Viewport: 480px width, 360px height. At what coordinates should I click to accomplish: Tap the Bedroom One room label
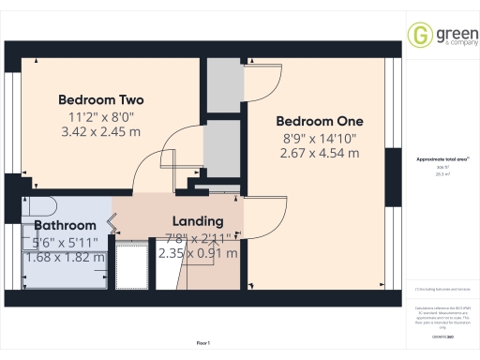[319, 121]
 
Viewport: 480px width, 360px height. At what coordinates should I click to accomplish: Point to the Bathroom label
[65, 226]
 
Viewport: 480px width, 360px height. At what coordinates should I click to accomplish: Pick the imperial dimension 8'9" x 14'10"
[319, 138]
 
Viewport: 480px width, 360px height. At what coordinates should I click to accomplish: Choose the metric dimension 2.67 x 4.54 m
[319, 154]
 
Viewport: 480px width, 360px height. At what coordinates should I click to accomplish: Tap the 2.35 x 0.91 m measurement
[198, 253]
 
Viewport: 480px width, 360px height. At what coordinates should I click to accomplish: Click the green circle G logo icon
[418, 35]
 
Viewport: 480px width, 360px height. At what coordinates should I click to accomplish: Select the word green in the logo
[449, 30]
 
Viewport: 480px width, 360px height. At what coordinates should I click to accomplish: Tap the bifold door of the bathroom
[113, 223]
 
